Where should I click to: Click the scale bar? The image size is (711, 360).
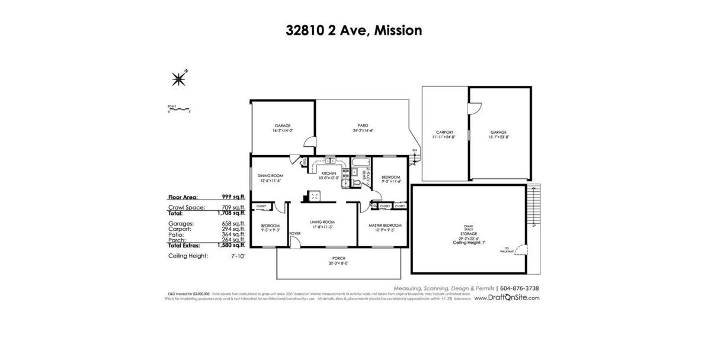click(x=178, y=110)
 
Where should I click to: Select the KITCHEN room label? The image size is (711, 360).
click(x=329, y=173)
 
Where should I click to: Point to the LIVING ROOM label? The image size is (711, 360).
click(x=322, y=222)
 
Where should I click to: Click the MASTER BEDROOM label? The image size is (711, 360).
click(x=385, y=225)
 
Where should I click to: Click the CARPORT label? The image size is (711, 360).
click(x=444, y=132)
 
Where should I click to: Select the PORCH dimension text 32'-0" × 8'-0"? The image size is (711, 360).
click(x=338, y=263)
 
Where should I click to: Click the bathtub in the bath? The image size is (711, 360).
click(x=360, y=161)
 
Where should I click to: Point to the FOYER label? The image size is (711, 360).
click(x=294, y=234)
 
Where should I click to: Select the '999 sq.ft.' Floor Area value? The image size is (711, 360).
click(x=233, y=197)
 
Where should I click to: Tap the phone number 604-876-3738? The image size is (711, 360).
click(x=520, y=288)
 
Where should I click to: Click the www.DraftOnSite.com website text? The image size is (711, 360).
click(x=507, y=298)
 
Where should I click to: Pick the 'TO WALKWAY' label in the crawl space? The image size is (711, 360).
click(x=507, y=249)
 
